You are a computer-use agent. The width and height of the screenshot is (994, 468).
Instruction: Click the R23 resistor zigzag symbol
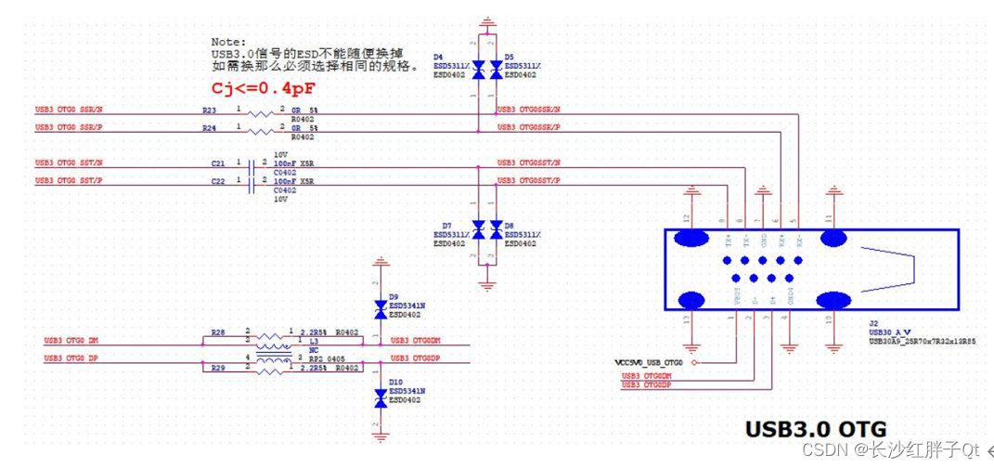(257, 112)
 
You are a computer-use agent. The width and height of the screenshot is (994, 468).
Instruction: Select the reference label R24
(209, 128)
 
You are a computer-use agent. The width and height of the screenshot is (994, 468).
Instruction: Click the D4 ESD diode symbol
(478, 70)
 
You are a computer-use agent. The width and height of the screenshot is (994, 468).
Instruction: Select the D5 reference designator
(509, 57)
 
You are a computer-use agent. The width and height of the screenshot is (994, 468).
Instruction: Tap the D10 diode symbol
(379, 398)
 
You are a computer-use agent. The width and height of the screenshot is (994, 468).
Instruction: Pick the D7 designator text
(446, 226)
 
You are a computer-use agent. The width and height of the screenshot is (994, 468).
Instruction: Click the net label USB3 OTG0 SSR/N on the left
(69, 110)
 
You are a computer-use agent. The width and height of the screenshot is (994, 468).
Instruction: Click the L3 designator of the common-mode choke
(313, 342)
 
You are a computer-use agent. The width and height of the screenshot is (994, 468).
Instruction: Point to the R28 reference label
(217, 331)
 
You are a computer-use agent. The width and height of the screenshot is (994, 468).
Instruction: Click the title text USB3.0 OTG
(816, 429)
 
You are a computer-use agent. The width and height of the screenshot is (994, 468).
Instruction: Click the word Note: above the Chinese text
(227, 42)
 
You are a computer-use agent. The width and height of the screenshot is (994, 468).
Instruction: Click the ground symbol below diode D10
(379, 436)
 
